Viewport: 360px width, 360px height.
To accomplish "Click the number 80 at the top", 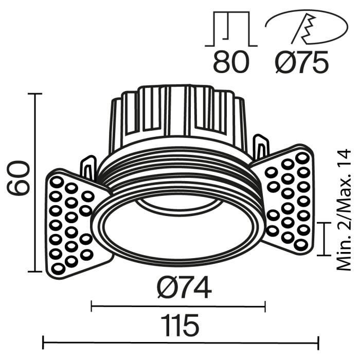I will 230,62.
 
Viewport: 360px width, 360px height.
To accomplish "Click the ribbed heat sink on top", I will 177,113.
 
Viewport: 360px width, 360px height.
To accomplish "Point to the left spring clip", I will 87,167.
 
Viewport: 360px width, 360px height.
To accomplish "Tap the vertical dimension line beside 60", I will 35,183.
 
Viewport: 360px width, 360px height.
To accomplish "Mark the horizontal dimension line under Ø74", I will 178,308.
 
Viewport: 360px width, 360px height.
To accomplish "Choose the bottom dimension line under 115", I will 180,340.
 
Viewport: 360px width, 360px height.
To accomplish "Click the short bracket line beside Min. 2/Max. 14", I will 324,239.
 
